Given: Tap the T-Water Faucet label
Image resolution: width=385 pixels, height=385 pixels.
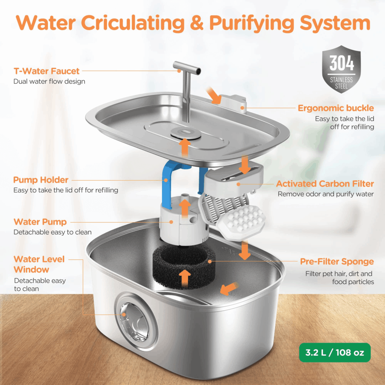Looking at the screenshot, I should [x=47, y=71].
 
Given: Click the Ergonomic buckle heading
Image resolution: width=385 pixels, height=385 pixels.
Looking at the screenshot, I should [x=336, y=108].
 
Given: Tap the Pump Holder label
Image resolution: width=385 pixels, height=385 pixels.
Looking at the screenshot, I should [x=41, y=180].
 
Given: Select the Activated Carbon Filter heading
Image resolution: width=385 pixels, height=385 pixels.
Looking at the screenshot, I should [x=325, y=184].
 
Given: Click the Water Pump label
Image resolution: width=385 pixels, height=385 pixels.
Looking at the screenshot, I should [x=40, y=221].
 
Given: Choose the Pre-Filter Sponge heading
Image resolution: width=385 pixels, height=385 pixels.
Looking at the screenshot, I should [x=337, y=261].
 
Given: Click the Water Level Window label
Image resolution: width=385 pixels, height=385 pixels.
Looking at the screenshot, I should [x=39, y=264].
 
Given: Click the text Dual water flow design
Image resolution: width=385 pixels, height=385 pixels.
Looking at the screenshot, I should [x=49, y=81].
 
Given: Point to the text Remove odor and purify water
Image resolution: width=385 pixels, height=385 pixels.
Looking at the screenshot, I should [x=326, y=194].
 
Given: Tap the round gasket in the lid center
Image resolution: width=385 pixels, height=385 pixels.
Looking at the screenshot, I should [x=184, y=132].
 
